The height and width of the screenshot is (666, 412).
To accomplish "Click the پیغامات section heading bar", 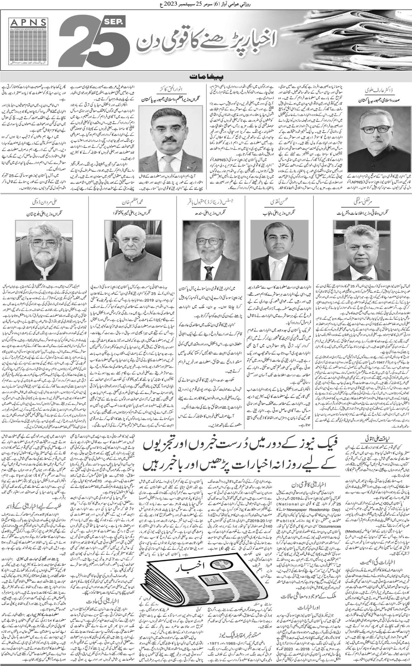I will point(206,76).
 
